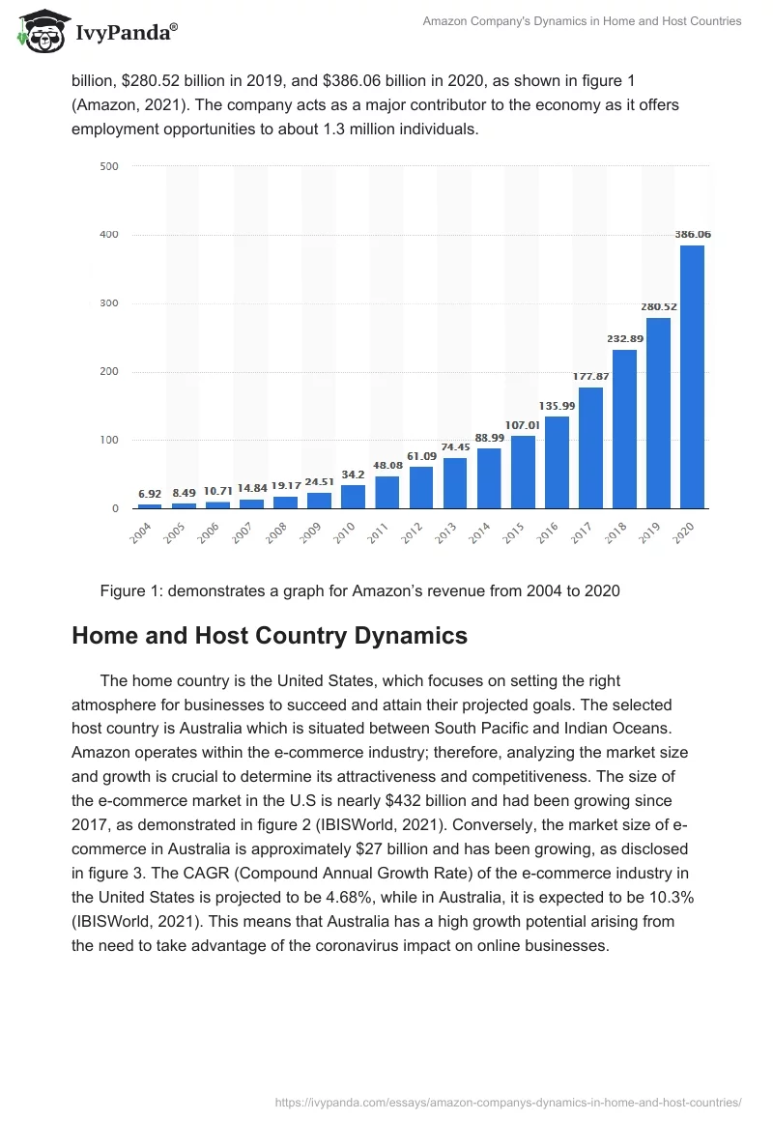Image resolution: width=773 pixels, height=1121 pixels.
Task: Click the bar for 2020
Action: point(692,377)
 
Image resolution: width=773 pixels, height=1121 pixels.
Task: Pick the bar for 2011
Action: point(387,492)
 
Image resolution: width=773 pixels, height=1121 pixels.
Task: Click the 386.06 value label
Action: point(692,235)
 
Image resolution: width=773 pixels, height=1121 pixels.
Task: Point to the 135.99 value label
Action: point(557,406)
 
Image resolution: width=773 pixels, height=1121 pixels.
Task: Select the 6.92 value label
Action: point(150,493)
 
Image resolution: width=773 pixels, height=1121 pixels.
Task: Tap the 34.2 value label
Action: point(354,474)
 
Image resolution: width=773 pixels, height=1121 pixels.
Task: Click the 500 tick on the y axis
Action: point(109,166)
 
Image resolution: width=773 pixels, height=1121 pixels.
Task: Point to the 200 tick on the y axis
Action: point(109,372)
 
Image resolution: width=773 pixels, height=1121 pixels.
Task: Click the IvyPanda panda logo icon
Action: point(42,30)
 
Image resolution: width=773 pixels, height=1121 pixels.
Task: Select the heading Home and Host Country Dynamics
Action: point(270,636)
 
